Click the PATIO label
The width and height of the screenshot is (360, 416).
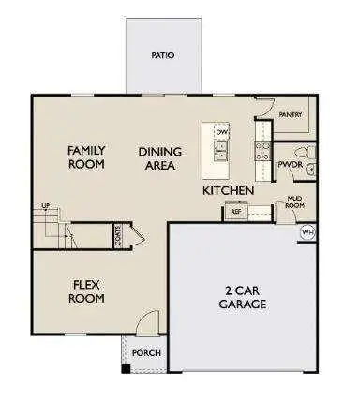[163, 55]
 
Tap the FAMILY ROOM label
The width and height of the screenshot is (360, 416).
[85, 156]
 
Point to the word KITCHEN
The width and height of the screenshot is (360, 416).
[229, 191]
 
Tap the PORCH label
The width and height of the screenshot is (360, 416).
[146, 353]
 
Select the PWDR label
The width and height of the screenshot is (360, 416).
[288, 165]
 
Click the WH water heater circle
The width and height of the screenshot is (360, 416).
[307, 231]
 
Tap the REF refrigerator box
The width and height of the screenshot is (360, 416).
[237, 213]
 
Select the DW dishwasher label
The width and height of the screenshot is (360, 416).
[222, 133]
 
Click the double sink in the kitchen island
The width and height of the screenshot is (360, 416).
[221, 152]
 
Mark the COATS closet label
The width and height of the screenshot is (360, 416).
[118, 235]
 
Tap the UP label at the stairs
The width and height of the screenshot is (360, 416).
[44, 207]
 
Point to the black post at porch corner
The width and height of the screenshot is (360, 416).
[127, 365]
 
